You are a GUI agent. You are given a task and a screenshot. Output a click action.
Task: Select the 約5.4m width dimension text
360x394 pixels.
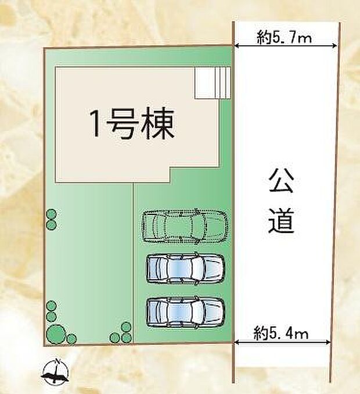coord(281,333)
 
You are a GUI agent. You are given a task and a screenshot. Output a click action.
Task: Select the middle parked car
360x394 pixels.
coord(184,268)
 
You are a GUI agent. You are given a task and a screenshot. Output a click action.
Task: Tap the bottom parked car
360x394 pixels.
coord(185,312)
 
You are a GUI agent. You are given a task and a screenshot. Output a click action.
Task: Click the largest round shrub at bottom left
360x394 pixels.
coord(56,334)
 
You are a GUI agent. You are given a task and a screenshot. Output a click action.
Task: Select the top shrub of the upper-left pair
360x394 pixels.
coord(51,213)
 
